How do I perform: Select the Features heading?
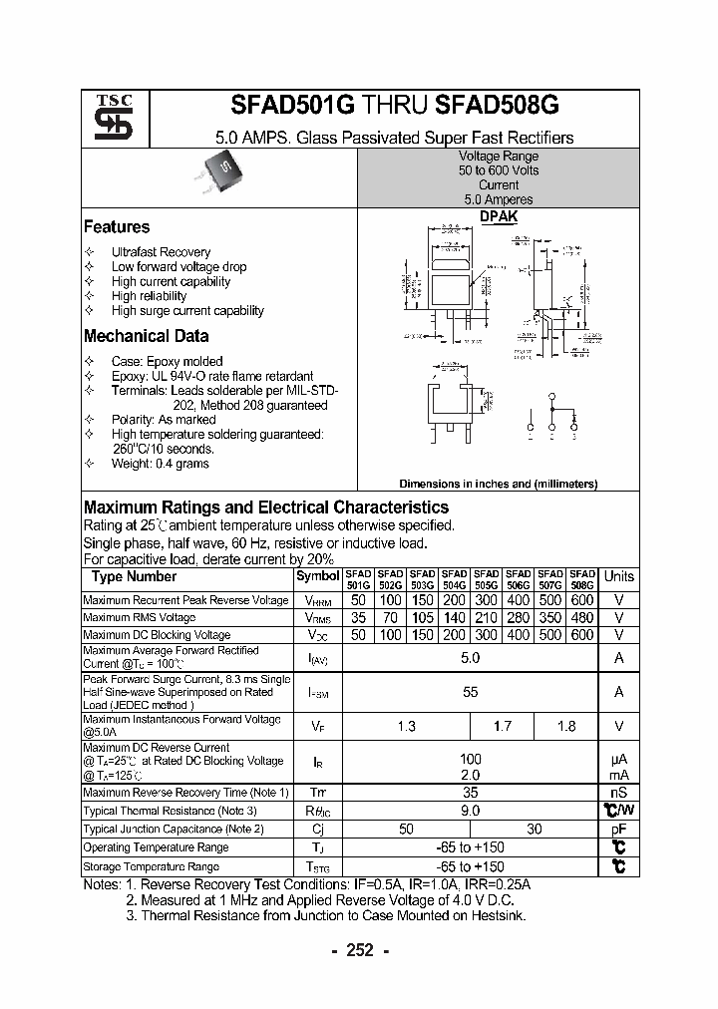[117, 227]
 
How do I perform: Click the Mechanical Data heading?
[146, 336]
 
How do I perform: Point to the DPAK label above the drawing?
[499, 216]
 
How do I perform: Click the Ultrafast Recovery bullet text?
[161, 252]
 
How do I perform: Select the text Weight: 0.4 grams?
[160, 464]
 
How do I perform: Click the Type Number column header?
[134, 576]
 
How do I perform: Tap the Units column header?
[618, 576]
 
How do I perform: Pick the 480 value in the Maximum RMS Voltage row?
[582, 618]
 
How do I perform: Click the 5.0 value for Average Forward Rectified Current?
[470, 658]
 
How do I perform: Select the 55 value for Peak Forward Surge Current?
[470, 692]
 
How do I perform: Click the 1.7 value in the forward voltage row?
[502, 727]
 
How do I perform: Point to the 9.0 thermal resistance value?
[470, 811]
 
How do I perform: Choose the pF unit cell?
[618, 829]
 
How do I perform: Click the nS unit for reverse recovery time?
[618, 793]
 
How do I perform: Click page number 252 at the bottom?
[359, 950]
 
